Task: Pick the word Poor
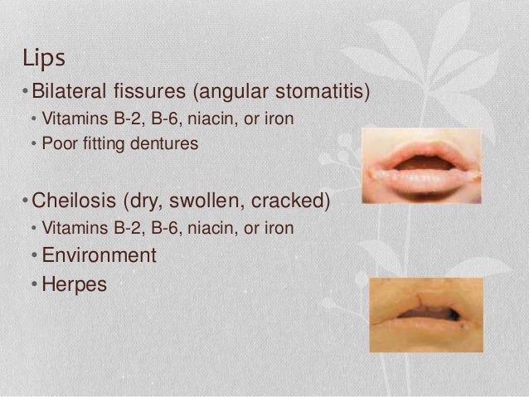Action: (57, 143)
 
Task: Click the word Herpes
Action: (75, 284)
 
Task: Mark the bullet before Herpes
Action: (34, 284)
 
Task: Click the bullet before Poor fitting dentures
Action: (34, 143)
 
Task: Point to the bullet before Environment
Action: (34, 254)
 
